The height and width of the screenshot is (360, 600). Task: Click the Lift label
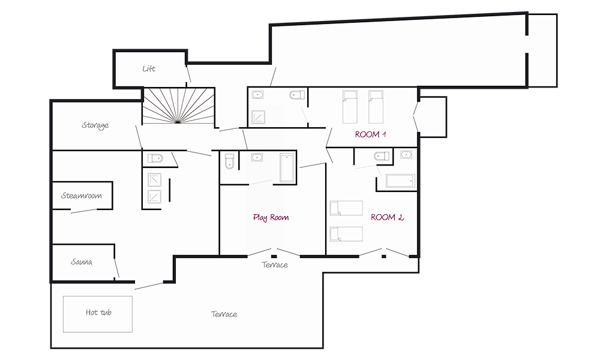tap(149, 69)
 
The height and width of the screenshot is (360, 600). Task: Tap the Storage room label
tap(95, 125)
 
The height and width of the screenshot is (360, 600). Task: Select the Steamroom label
tap(82, 196)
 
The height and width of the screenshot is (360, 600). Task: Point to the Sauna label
tap(82, 262)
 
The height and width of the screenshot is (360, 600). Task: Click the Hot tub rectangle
tap(98, 314)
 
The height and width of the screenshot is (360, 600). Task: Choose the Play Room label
tap(271, 218)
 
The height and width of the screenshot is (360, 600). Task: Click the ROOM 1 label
tap(370, 134)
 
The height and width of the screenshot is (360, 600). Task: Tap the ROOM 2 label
tap(387, 217)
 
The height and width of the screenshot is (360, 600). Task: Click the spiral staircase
tap(179, 106)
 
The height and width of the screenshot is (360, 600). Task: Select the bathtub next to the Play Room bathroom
tap(287, 168)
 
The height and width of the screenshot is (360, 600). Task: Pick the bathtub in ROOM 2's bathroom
tap(400, 181)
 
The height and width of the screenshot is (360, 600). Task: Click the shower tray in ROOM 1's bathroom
tap(258, 118)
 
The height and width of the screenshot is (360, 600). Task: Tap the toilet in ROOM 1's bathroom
tap(298, 94)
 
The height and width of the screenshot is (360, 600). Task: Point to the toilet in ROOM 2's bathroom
tap(382, 156)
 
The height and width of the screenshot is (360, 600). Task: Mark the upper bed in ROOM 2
tap(346, 208)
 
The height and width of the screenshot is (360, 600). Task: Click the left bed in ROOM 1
tap(350, 107)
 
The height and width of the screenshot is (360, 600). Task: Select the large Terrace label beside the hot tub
tap(224, 314)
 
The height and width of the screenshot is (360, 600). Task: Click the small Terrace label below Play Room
tap(275, 265)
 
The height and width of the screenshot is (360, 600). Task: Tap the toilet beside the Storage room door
tap(155, 158)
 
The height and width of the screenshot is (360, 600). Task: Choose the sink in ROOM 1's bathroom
tap(258, 94)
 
